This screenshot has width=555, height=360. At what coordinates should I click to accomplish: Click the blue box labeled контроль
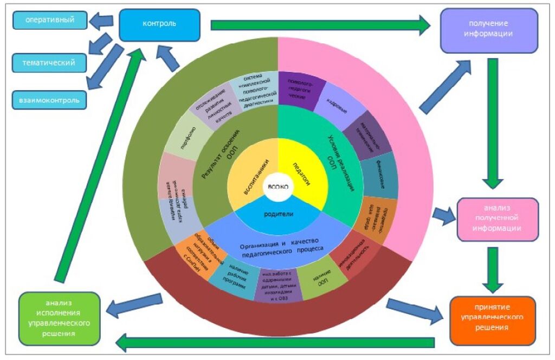(159, 24)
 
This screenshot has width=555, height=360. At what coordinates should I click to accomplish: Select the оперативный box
(50, 21)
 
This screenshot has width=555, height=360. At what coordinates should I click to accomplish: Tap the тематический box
(49, 63)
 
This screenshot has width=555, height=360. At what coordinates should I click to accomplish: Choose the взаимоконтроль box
(49, 100)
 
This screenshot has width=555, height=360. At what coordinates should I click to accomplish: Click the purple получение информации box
(488, 30)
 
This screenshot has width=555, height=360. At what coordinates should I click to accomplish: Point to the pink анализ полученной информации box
(497, 219)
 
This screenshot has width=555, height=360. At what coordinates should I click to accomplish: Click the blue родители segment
(278, 215)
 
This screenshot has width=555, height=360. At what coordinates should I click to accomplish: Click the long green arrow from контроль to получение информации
(320, 24)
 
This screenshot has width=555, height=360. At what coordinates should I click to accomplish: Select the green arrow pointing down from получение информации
(493, 122)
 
